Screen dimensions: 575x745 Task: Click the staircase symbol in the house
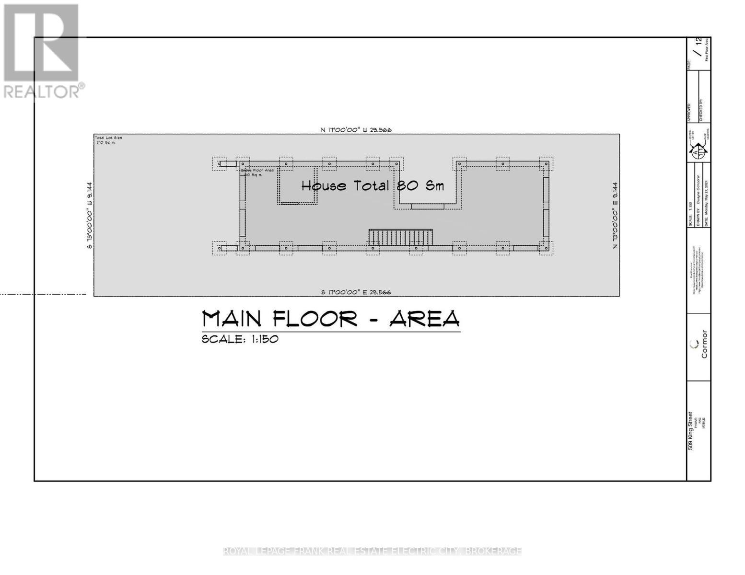(400, 238)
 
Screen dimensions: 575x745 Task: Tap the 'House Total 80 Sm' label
(372, 185)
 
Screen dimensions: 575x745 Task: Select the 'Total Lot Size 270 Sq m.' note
(108, 140)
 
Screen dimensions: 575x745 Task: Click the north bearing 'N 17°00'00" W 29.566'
(356, 129)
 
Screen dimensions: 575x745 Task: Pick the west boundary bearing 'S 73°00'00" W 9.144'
(89, 215)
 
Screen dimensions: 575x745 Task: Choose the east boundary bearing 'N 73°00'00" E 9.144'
(615, 215)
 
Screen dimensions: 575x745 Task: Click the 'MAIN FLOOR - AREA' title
(331, 319)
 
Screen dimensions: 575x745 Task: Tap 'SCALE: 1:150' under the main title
(240, 339)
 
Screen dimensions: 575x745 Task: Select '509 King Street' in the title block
(691, 431)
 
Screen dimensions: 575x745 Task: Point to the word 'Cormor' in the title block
(704, 344)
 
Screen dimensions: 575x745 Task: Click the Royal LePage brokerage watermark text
(372, 551)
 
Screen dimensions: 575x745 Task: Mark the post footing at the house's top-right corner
(546, 164)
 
